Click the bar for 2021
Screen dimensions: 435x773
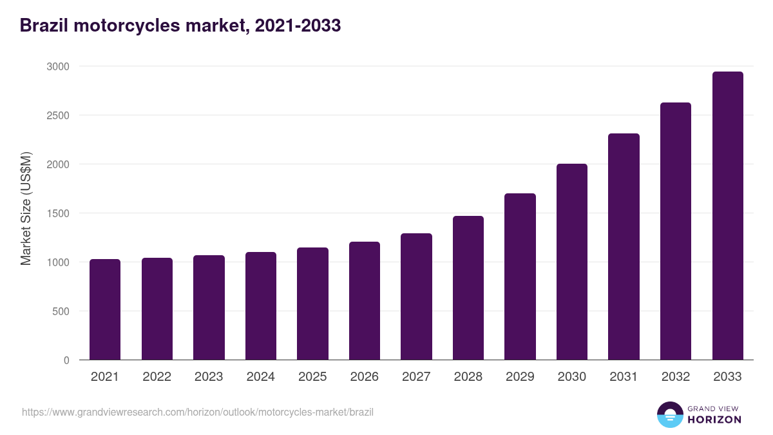pos(105,309)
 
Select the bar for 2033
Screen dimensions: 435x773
pos(727,216)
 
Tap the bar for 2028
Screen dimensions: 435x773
pos(468,288)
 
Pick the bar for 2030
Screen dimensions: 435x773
pos(572,262)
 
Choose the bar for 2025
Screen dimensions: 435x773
pos(312,304)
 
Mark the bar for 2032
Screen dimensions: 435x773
pos(676,231)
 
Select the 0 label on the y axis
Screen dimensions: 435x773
pos(66,360)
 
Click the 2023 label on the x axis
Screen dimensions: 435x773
pos(209,377)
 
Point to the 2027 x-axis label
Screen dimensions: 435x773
pos(416,377)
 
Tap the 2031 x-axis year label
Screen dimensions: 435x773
pos(624,377)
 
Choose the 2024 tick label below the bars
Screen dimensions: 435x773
pos(260,377)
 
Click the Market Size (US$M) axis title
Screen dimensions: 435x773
pos(26,208)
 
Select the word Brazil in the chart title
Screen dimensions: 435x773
pos(43,26)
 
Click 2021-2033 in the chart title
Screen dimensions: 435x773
pos(298,26)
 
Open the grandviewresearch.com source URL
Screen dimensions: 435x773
pos(198,412)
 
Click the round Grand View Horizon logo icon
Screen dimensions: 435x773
pos(669,414)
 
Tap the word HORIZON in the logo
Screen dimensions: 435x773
pos(714,420)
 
